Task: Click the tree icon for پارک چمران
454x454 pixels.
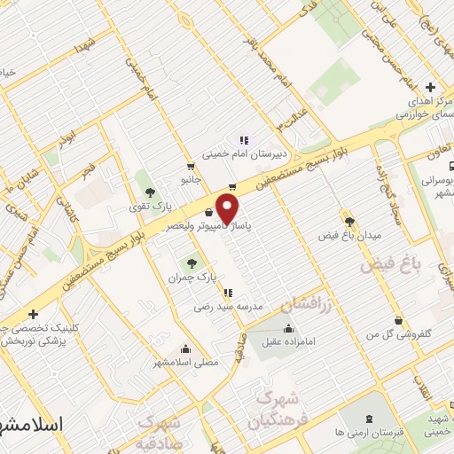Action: (x=191, y=263)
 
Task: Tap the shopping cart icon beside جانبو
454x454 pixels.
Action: (x=190, y=166)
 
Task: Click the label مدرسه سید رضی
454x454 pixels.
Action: (x=230, y=306)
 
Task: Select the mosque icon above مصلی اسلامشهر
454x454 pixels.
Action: (x=184, y=348)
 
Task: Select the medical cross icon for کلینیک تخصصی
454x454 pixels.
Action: (x=33, y=314)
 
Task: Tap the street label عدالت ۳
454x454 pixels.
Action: (x=291, y=115)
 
